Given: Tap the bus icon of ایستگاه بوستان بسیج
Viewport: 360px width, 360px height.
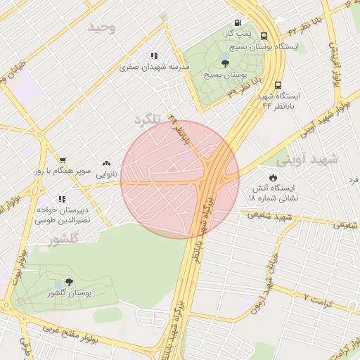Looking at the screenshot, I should click(x=264, y=37).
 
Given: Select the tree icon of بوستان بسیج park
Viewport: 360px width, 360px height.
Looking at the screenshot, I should click(x=225, y=63).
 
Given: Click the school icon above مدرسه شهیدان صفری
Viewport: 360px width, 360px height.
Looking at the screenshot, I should click(x=154, y=56).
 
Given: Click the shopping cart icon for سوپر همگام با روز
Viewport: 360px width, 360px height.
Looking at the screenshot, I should click(x=63, y=161).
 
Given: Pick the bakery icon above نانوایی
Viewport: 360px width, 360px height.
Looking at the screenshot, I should click(x=107, y=162).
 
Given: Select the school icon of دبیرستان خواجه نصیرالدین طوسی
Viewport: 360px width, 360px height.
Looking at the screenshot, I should click(x=63, y=199).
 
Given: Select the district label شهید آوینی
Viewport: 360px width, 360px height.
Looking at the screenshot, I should click(x=307, y=160).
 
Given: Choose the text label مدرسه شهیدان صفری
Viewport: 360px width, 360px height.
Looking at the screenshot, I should click(x=155, y=67).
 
